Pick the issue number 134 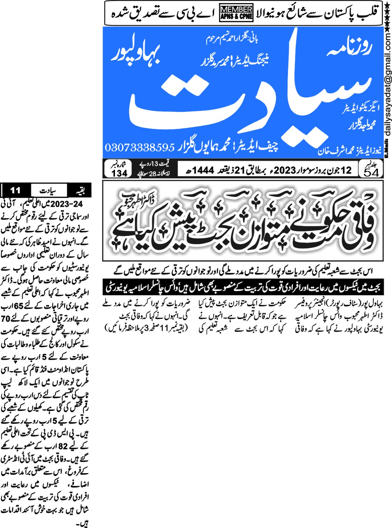click(x=120, y=173)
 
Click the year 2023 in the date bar click(x=285, y=170)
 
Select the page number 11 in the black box click(x=16, y=190)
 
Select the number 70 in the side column click(x=6, y=319)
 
